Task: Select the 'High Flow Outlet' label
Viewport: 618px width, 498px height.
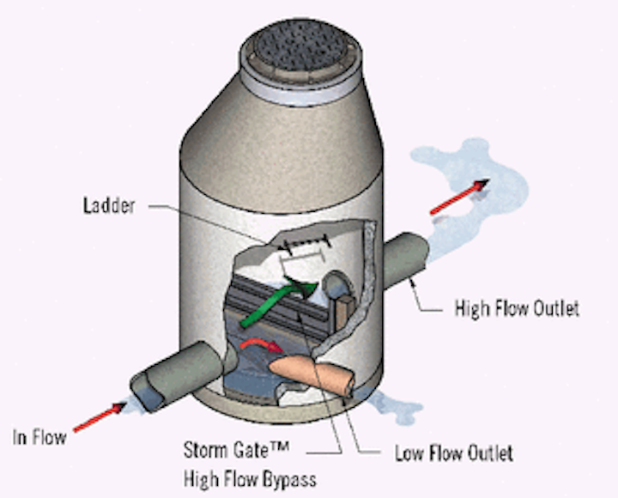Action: point(517,307)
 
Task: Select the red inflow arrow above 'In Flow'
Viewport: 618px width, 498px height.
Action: point(96,418)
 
